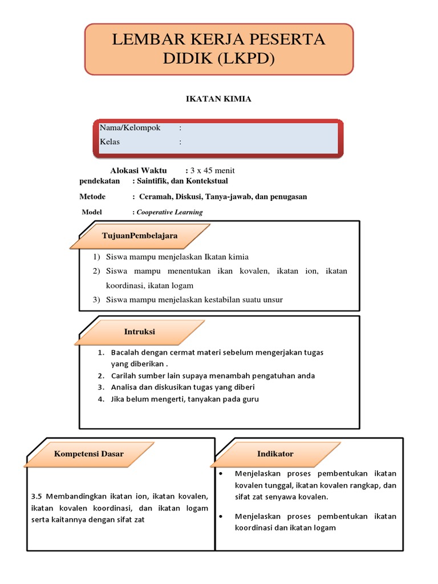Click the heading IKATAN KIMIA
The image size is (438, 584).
(x=219, y=99)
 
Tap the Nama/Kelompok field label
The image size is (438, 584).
(x=130, y=128)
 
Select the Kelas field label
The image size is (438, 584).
(x=110, y=142)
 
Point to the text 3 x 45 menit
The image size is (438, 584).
(x=213, y=171)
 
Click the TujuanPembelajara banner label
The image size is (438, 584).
(x=140, y=236)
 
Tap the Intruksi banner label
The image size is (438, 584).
(x=140, y=331)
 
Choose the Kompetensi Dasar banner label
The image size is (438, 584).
(x=88, y=454)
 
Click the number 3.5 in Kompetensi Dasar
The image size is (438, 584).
(x=37, y=496)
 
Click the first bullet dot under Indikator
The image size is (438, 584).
(x=221, y=474)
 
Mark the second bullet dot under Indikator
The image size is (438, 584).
(x=221, y=517)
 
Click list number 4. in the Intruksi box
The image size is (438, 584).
(x=100, y=399)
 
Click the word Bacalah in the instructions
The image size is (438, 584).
(x=124, y=352)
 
